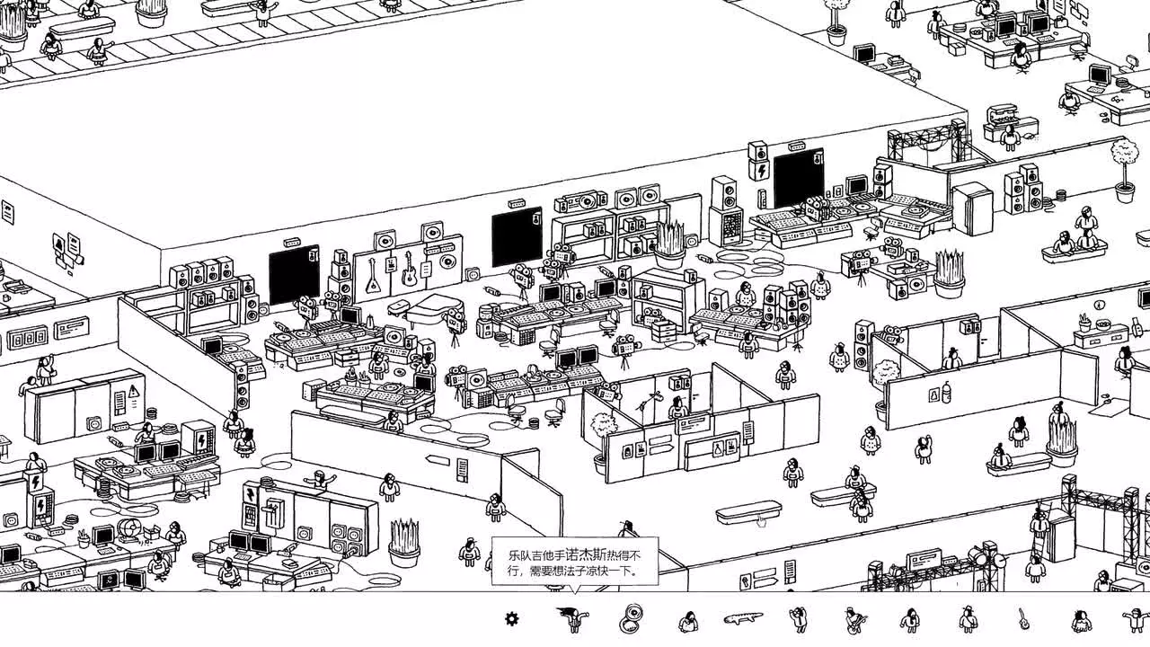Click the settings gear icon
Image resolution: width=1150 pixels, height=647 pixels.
point(511,618)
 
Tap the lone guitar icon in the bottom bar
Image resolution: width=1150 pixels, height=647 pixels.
point(1023,618)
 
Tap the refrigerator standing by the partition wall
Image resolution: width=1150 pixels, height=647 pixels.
point(971,208)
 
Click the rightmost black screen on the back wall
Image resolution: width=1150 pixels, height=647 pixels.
point(798,177)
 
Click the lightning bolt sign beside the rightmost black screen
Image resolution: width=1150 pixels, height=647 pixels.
point(761,170)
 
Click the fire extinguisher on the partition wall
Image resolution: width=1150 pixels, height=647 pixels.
point(945,393)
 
